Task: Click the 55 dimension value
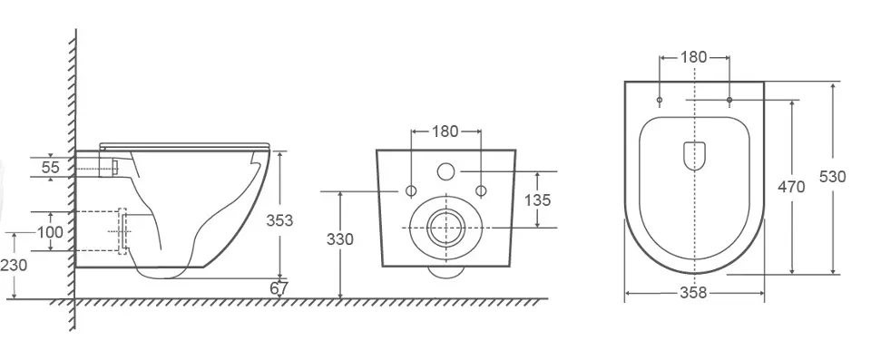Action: (51, 167)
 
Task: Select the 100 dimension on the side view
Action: (51, 231)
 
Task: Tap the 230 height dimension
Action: (14, 266)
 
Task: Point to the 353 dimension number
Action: (279, 220)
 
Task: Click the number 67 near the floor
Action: (279, 289)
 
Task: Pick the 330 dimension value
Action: (339, 239)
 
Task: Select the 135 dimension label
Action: (538, 200)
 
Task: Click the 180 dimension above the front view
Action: (445, 131)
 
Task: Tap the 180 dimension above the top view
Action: (694, 57)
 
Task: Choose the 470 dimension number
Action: (791, 187)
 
